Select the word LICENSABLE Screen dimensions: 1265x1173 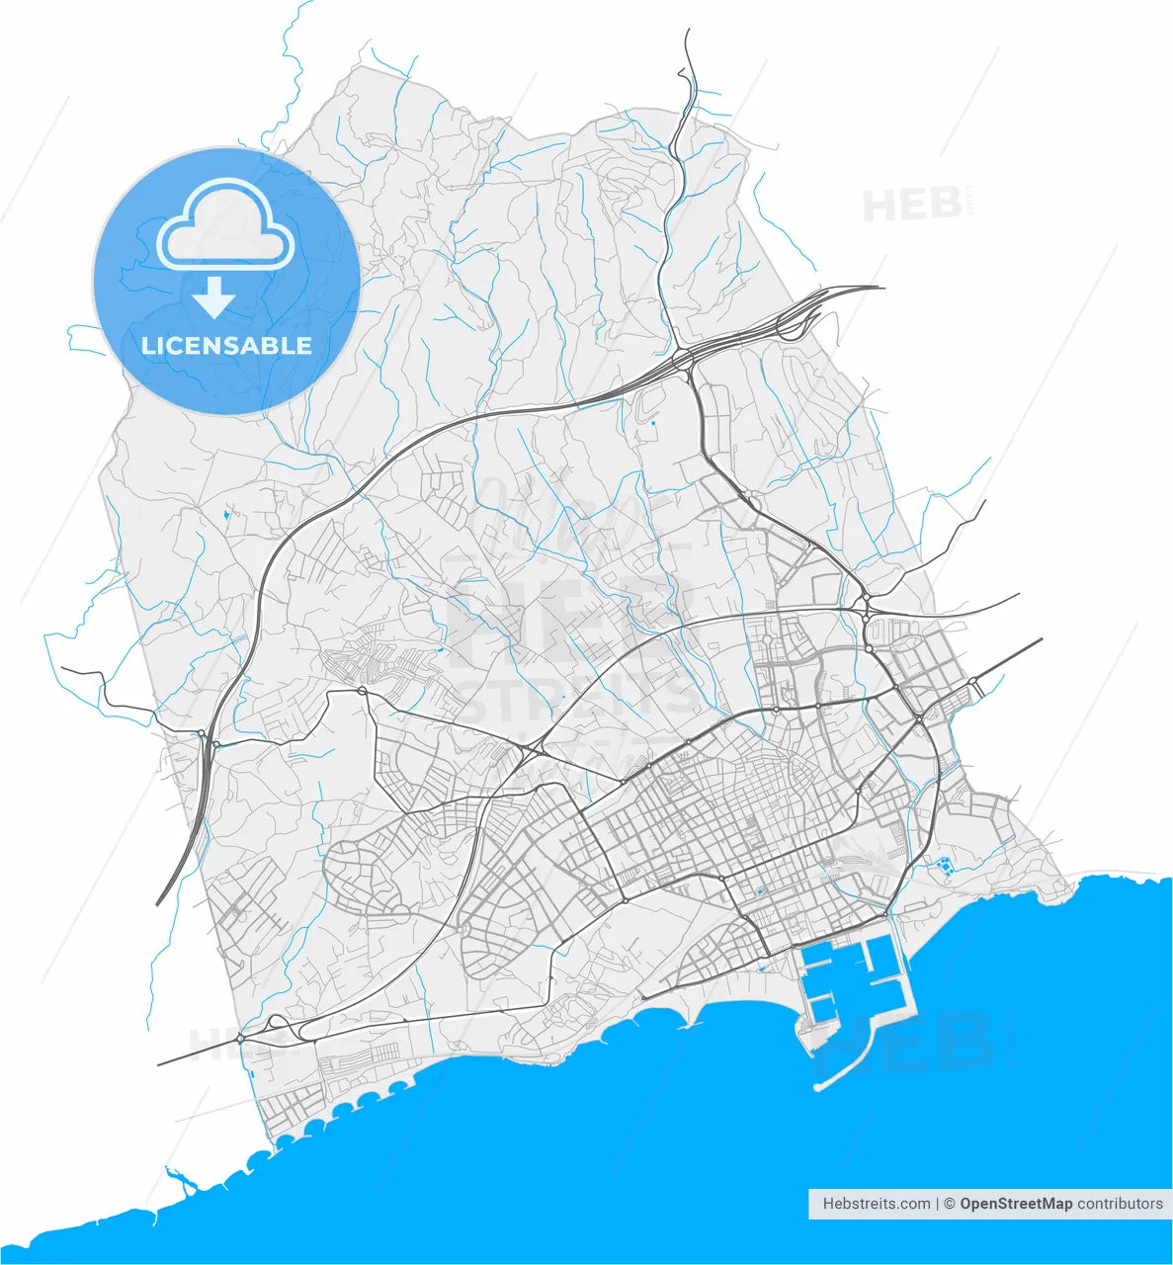[226, 346]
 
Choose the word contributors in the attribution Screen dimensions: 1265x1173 [1120, 1204]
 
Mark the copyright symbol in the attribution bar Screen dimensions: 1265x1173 [949, 1204]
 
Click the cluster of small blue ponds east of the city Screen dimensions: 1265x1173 [944, 867]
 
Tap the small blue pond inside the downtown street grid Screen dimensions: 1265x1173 [759, 893]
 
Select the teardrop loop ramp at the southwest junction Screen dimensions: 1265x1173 [277, 1022]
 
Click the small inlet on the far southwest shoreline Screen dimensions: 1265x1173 [178, 1178]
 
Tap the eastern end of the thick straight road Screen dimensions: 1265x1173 [1041, 639]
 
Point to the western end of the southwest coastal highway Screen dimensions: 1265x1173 [160, 1065]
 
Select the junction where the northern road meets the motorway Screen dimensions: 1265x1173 [684, 361]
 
